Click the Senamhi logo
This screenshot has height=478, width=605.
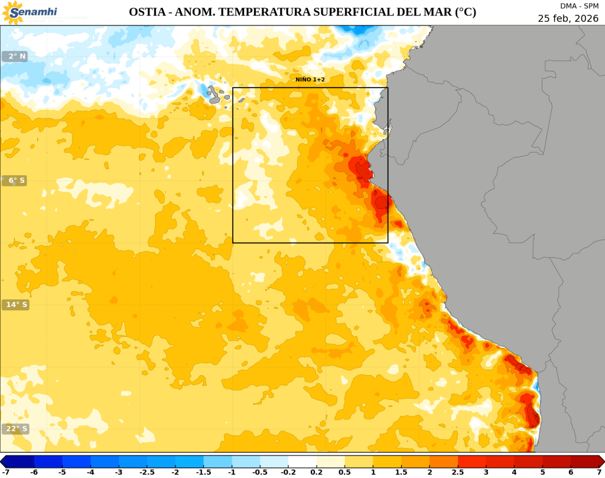[29, 12]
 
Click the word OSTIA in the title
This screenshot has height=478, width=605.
[147, 12]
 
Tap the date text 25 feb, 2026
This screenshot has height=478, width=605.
[568, 18]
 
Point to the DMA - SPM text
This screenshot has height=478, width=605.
[579, 6]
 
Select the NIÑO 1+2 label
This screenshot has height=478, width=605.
[310, 79]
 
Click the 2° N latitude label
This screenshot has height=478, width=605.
[15, 56]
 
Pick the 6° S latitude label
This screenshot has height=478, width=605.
[15, 180]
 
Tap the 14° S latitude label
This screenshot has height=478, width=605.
[15, 305]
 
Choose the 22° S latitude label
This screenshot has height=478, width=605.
[15, 429]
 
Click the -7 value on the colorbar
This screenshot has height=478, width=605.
[6, 471]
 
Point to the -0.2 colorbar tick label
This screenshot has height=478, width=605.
[288, 471]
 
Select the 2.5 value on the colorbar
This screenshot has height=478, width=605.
[458, 471]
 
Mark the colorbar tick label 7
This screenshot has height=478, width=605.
[599, 471]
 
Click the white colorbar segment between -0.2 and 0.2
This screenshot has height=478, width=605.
[302, 461]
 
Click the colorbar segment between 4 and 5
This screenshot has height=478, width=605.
[528, 461]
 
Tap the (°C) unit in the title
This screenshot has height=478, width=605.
[464, 12]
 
